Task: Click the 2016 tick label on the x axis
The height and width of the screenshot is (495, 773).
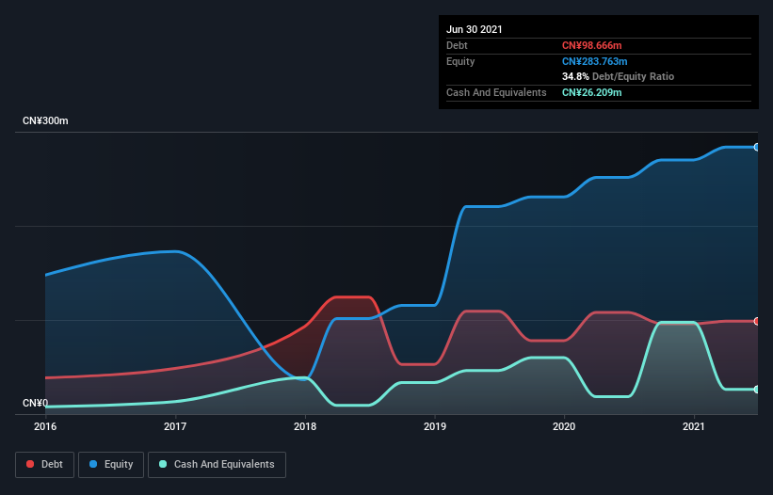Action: pyautogui.click(x=45, y=427)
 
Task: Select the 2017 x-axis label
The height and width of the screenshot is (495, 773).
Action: pyautogui.click(x=175, y=427)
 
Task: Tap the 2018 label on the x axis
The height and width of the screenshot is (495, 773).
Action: pyautogui.click(x=305, y=427)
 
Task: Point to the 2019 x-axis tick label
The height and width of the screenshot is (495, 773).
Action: pyautogui.click(x=435, y=427)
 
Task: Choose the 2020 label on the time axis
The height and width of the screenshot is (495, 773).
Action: pyautogui.click(x=564, y=427)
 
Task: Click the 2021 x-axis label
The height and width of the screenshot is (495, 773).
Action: pyautogui.click(x=694, y=427)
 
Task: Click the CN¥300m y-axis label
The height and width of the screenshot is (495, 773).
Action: pyautogui.click(x=45, y=121)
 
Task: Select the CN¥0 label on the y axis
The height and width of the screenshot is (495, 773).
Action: pyautogui.click(x=35, y=403)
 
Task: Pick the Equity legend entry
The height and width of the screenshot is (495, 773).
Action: pyautogui.click(x=111, y=464)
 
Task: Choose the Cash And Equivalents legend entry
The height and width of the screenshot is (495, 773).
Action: pyautogui.click(x=217, y=464)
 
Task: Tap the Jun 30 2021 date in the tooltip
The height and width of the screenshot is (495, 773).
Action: pyautogui.click(x=475, y=29)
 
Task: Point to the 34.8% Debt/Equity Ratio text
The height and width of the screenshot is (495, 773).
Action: pyautogui.click(x=618, y=76)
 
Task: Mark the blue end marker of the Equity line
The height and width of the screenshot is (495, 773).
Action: pyautogui.click(x=756, y=147)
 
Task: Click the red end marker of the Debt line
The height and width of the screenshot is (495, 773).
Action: pyautogui.click(x=756, y=321)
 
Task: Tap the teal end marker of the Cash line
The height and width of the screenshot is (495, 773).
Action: pyautogui.click(x=756, y=389)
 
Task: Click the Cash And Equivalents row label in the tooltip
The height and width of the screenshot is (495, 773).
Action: pyautogui.click(x=496, y=92)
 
